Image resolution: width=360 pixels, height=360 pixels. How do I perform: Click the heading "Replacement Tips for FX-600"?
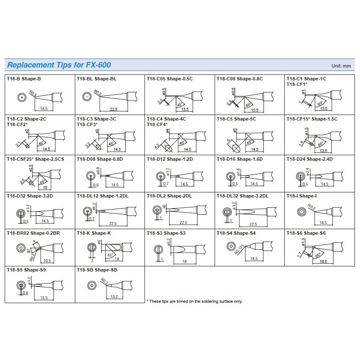coord(59,65)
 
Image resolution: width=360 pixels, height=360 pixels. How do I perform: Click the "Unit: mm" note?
coord(341,66)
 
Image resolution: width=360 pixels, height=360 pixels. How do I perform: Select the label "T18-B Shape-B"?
coord(24,79)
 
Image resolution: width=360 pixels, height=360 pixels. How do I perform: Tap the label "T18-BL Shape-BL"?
coord(96,79)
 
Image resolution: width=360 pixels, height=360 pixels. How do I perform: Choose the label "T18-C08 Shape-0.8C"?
coord(239,79)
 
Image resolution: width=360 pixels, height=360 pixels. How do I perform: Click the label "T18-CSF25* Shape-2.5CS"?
coord(35,159)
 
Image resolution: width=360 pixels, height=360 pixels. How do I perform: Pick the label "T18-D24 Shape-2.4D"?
coord(309,159)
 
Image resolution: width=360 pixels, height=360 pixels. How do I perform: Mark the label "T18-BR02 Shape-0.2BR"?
coord(33,233)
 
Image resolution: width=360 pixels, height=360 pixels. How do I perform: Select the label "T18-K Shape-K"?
coord(94,233)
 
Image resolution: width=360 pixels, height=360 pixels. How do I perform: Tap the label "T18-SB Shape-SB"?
coord(97,270)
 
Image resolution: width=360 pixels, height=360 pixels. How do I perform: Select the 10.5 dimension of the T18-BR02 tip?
coord(47,260)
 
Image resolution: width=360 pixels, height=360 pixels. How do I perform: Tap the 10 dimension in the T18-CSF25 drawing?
coord(44,187)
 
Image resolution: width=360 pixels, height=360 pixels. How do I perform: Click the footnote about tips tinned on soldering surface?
coord(195,301)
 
